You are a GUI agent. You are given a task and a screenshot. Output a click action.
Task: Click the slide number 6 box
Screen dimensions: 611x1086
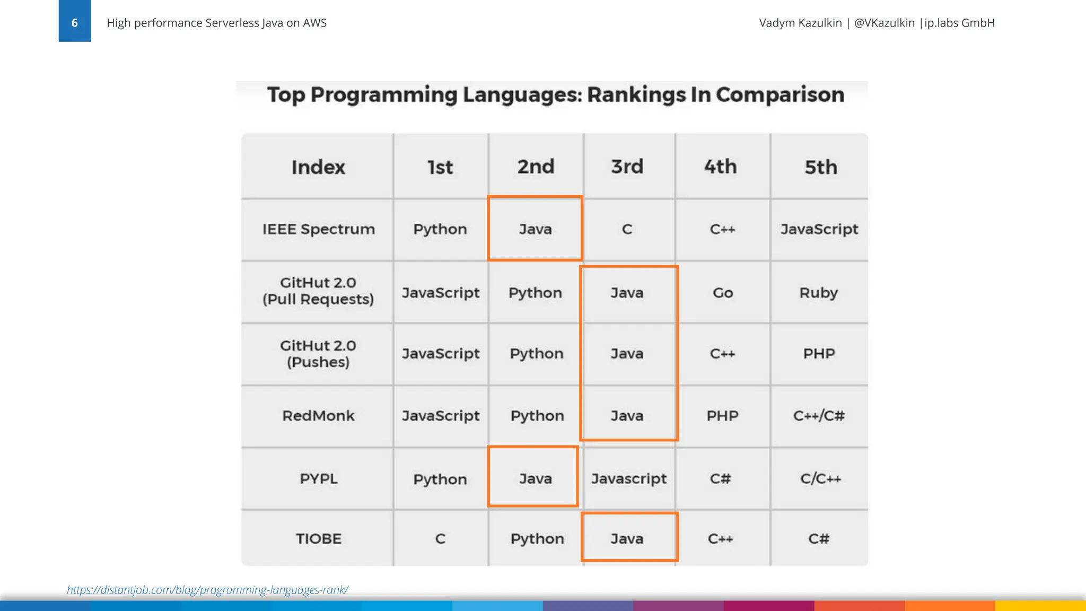coord(74,21)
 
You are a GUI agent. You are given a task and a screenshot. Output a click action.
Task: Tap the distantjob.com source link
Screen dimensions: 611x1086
coord(207,590)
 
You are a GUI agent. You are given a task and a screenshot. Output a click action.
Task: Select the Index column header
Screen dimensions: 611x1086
coord(318,167)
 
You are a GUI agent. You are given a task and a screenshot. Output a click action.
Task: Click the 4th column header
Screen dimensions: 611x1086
coord(720,167)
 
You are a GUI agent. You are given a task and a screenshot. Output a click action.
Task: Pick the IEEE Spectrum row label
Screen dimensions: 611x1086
coord(318,229)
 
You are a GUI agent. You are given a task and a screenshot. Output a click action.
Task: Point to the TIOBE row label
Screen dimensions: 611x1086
coord(318,539)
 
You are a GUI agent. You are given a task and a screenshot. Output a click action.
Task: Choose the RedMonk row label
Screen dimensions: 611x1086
coord(318,416)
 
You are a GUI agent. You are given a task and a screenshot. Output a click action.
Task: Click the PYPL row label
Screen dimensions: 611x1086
coord(318,478)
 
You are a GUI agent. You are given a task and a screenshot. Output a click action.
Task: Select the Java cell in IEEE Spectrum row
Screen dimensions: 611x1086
coord(535,229)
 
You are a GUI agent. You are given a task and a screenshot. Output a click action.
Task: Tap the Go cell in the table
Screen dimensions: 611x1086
coord(722,293)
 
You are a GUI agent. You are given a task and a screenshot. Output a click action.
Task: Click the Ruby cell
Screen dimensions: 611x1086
coord(818,293)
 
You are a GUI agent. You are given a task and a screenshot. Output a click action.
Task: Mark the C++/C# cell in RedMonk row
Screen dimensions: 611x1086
coord(818,416)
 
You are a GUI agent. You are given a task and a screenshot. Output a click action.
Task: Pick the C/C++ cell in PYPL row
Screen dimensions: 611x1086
coord(820,478)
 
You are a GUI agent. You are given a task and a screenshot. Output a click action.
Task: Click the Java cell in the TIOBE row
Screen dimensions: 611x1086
coord(627,539)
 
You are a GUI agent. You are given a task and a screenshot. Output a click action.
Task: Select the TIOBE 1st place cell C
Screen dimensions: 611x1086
coord(440,539)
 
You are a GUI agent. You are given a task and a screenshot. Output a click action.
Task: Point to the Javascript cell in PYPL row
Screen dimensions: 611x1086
coord(628,478)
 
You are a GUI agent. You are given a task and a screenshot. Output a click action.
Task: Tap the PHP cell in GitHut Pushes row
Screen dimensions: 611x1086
coord(818,354)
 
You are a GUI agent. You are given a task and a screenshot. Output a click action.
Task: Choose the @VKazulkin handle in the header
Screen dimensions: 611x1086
coord(884,23)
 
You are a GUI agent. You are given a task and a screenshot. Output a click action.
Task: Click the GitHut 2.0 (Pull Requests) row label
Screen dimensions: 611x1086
coord(318,291)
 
